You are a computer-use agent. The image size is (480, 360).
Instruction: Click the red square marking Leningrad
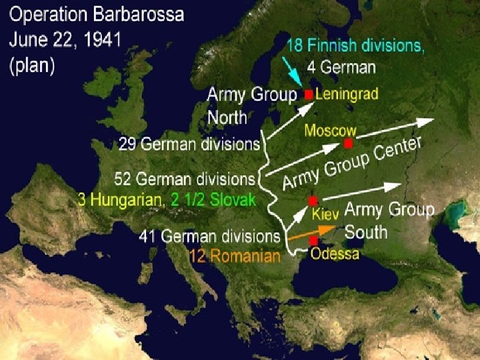[308, 95]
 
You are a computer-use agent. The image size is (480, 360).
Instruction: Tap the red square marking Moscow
[348, 143]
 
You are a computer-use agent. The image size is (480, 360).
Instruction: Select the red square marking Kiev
[312, 200]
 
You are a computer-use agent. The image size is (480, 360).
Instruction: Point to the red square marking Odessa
[313, 240]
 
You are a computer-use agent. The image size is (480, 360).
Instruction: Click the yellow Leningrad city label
[346, 94]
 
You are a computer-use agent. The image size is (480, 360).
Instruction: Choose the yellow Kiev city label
[326, 215]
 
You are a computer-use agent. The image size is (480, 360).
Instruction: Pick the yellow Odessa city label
[335, 254]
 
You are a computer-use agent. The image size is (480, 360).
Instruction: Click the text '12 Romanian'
[235, 256]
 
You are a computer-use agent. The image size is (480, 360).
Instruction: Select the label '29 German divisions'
[189, 143]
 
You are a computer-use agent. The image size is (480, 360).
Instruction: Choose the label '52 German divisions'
[185, 179]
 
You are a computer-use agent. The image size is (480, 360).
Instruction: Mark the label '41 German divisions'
[209, 236]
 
